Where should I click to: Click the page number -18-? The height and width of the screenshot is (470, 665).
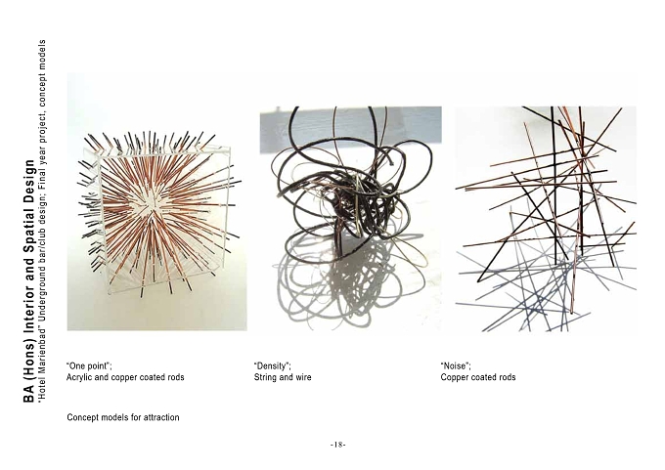pyautogui.click(x=338, y=445)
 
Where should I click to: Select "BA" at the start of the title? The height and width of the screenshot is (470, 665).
pyautogui.click(x=28, y=394)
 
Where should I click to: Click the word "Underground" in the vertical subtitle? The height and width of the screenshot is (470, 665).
pyautogui.click(x=42, y=300)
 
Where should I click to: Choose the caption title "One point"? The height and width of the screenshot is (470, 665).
pyautogui.click(x=89, y=365)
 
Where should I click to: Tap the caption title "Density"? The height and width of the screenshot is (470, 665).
pyautogui.click(x=272, y=365)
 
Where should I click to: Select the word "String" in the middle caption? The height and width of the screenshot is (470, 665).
pyautogui.click(x=265, y=377)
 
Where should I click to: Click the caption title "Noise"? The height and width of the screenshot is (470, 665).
pyautogui.click(x=456, y=365)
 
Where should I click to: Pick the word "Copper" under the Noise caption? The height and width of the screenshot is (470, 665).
pyautogui.click(x=453, y=377)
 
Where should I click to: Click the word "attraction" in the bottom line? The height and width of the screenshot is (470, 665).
pyautogui.click(x=161, y=417)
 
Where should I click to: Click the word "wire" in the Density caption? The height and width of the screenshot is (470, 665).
pyautogui.click(x=303, y=377)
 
